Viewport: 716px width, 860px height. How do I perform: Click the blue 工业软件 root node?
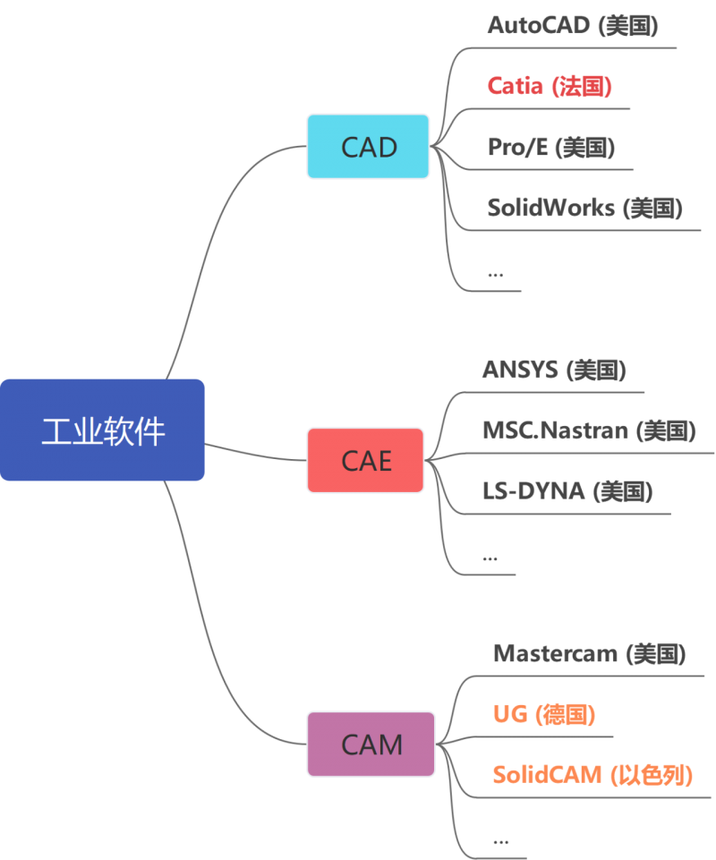(x=102, y=430)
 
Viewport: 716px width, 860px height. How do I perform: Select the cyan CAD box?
(x=368, y=147)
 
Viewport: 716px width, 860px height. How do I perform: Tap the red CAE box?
(x=365, y=460)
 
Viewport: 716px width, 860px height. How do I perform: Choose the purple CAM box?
(x=371, y=744)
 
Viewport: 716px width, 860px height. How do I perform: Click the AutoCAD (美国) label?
(x=573, y=25)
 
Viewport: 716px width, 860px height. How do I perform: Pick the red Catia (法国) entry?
(x=549, y=86)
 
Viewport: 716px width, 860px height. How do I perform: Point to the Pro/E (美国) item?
(x=550, y=147)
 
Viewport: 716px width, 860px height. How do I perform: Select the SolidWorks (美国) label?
(x=584, y=208)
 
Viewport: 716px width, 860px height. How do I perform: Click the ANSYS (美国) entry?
(x=554, y=370)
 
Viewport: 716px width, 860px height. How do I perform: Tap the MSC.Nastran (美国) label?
(x=589, y=430)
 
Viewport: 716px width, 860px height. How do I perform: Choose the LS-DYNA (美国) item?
(x=567, y=490)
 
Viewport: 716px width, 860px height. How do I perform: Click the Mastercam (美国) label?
(x=589, y=653)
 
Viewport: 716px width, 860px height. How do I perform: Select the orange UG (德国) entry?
(x=544, y=714)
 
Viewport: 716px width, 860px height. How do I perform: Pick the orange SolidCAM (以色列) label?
(x=592, y=774)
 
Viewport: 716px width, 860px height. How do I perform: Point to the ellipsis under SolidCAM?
(x=501, y=840)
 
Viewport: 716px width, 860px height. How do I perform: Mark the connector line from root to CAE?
(x=255, y=454)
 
